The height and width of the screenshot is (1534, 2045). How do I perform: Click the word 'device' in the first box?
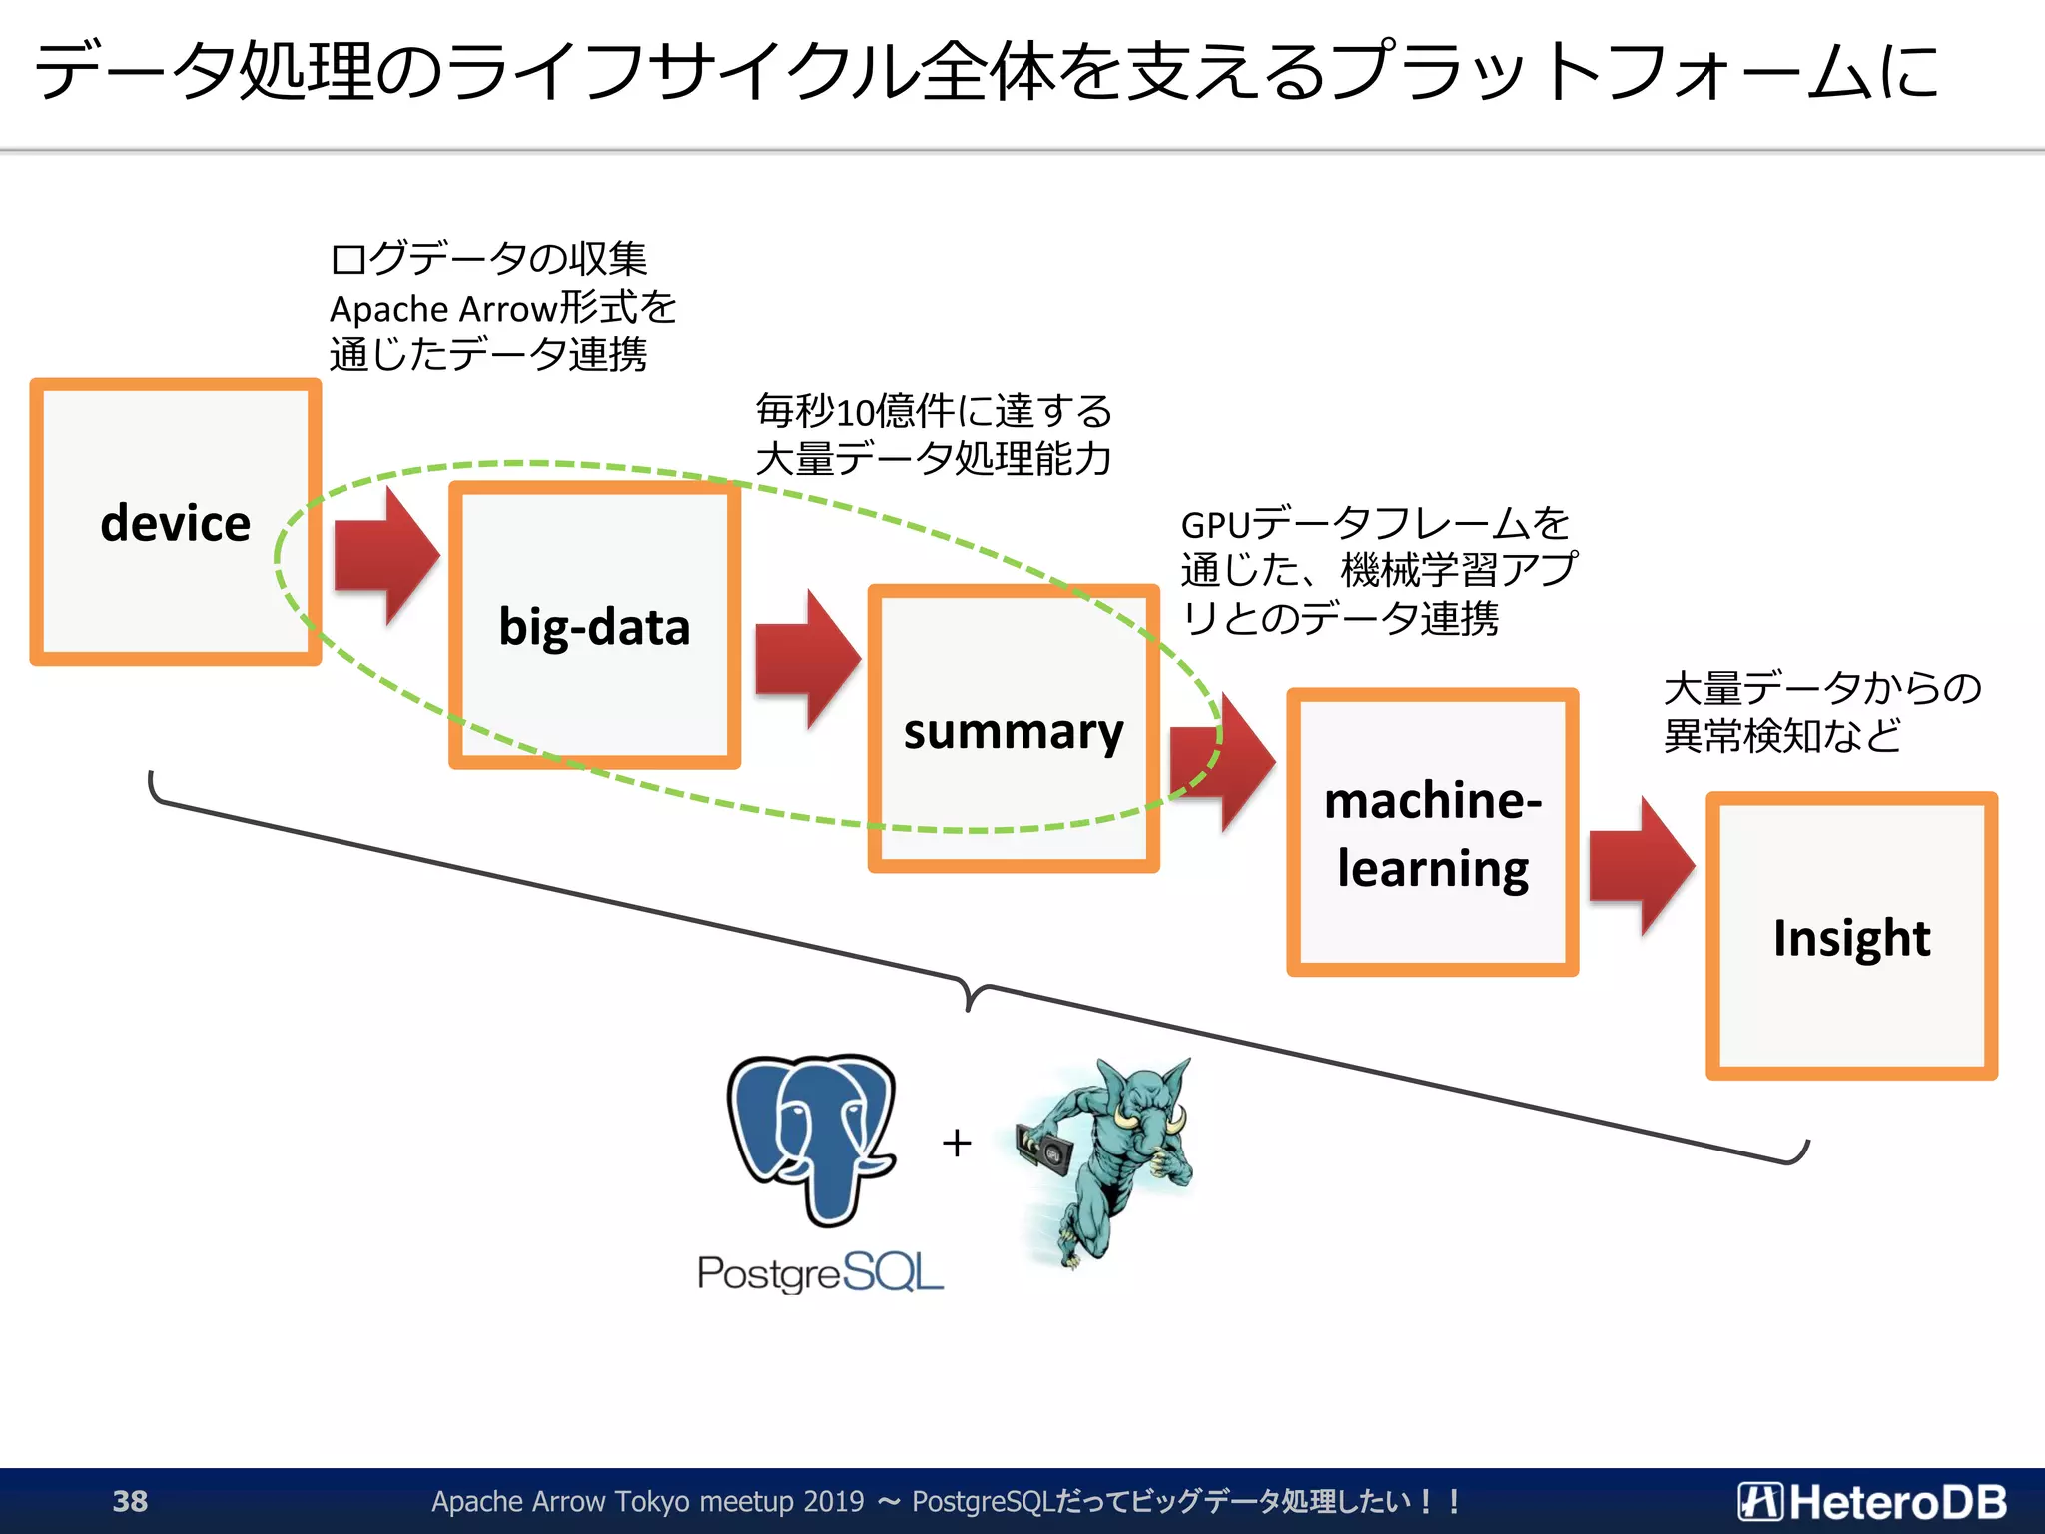pyautogui.click(x=176, y=524)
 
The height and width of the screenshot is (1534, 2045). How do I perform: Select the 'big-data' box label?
pyautogui.click(x=594, y=628)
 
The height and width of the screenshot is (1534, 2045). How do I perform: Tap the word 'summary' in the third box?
pyautogui.click(x=1013, y=732)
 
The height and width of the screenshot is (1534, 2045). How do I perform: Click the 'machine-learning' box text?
pyautogui.click(x=1432, y=834)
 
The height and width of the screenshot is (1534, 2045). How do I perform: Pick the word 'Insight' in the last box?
pyautogui.click(x=1851, y=938)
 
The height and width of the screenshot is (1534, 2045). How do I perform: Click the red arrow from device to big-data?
pyautogui.click(x=385, y=556)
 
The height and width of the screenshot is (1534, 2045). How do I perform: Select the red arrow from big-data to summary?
pyautogui.click(x=806, y=659)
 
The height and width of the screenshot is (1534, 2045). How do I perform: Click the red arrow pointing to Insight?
pyautogui.click(x=1641, y=866)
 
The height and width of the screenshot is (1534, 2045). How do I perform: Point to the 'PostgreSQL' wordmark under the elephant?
pyautogui.click(x=820, y=1273)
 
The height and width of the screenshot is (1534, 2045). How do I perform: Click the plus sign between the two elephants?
pyautogui.click(x=957, y=1143)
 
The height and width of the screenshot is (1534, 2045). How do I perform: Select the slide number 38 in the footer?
pyautogui.click(x=130, y=1501)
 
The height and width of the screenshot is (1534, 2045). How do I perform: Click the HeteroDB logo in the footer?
pyautogui.click(x=1872, y=1501)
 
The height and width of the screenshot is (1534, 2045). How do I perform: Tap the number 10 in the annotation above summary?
pyautogui.click(x=854, y=413)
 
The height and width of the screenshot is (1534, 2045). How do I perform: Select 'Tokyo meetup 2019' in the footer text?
pyautogui.click(x=738, y=1501)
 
